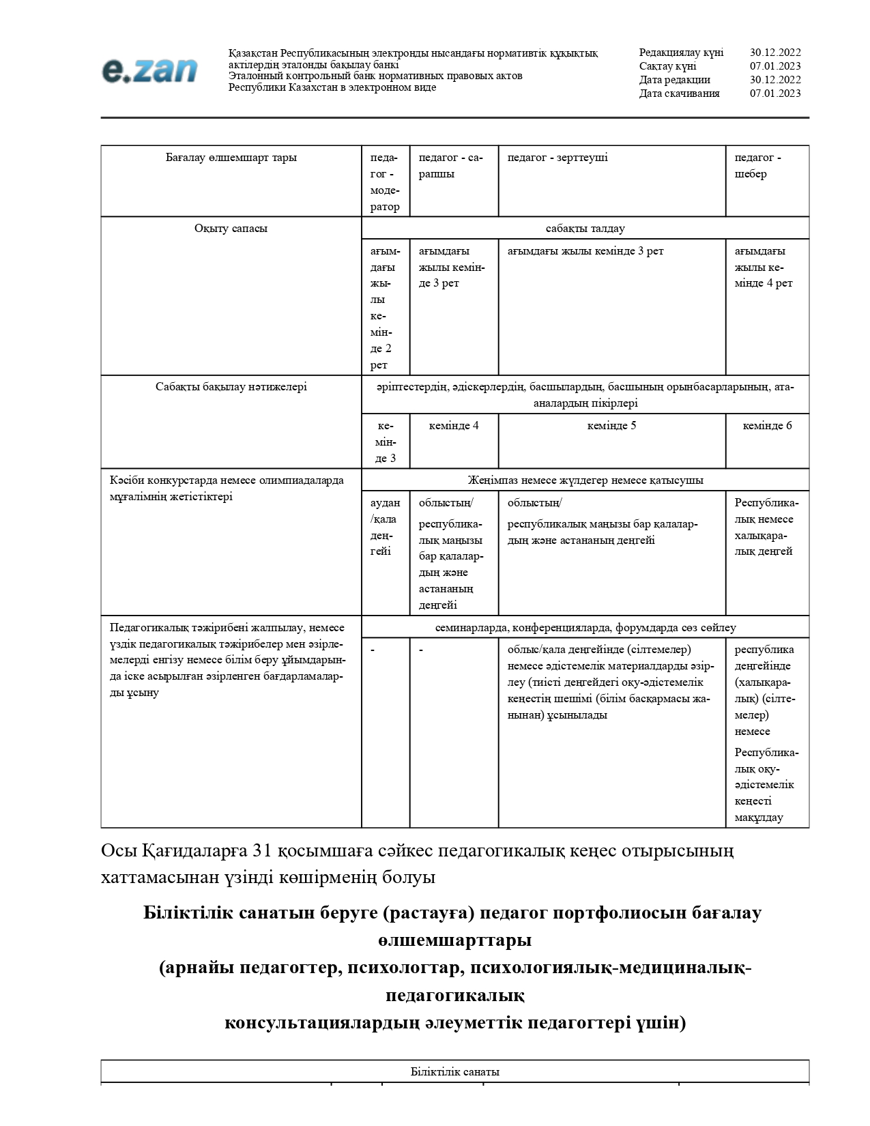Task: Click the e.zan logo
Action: [149, 70]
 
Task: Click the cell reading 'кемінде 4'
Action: [454, 426]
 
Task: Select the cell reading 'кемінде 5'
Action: [611, 426]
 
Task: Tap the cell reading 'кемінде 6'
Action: [767, 426]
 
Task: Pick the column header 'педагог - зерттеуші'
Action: [557, 158]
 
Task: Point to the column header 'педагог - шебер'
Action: [757, 166]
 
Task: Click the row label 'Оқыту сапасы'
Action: [231, 229]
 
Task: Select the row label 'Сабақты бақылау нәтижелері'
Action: [231, 387]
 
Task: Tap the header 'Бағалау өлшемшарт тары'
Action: [231, 158]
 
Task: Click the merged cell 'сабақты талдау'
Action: [585, 229]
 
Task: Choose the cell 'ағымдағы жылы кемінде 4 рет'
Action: [763, 267]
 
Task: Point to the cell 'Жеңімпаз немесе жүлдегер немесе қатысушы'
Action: [585, 480]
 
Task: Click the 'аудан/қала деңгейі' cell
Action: [385, 527]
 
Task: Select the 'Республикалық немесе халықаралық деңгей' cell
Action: [766, 527]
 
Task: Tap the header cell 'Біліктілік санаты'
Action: [454, 1071]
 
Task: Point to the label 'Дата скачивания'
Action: [679, 93]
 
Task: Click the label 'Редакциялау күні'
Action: [681, 53]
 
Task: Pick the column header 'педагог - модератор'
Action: [385, 182]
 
